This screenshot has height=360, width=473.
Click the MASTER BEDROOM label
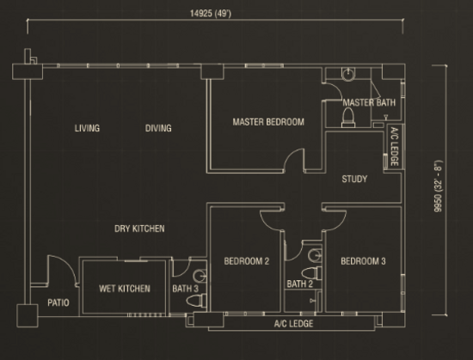point(268,122)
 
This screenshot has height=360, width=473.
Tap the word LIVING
point(87,128)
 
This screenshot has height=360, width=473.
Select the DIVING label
point(158,128)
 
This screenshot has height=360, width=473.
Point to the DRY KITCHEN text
point(139,229)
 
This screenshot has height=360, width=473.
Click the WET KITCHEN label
point(125,289)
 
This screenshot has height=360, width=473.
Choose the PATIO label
point(58,302)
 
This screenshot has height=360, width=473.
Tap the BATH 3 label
point(185,289)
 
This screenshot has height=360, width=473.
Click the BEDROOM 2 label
point(247,261)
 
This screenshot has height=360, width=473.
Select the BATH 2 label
point(299,284)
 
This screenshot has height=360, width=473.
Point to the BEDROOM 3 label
point(363,261)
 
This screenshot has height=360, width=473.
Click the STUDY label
point(354,179)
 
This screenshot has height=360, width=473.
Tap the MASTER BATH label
point(369,103)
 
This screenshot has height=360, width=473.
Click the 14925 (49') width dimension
point(211,14)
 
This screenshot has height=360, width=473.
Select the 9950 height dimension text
point(438,186)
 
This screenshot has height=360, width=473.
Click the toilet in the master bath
point(348,117)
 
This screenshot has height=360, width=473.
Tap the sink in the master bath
point(348,74)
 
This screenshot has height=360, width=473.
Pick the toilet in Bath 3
point(196,301)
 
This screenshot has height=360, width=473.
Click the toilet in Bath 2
point(312,273)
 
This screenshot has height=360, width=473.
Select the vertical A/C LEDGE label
point(395,147)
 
